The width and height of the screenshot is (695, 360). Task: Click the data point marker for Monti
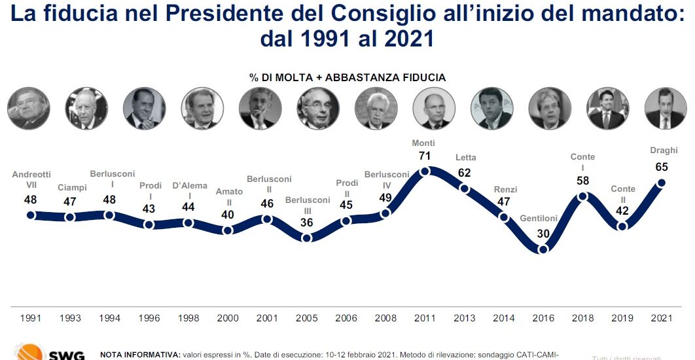pyautogui.click(x=425, y=171)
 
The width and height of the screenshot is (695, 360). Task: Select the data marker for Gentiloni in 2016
pyautogui.click(x=543, y=249)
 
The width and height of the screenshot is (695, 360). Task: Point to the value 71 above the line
pyautogui.click(x=425, y=156)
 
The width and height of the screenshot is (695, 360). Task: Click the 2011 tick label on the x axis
pyautogui.click(x=425, y=318)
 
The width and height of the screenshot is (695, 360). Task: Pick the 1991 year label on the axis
pyautogui.click(x=31, y=318)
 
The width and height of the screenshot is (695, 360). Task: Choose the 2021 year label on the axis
pyautogui.click(x=662, y=318)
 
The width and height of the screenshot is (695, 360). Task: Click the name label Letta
pyautogui.click(x=465, y=158)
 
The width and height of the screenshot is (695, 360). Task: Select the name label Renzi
pyautogui.click(x=505, y=190)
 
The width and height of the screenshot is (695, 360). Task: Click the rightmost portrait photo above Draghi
pyautogui.click(x=665, y=109)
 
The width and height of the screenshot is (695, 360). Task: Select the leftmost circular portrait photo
pyautogui.click(x=29, y=109)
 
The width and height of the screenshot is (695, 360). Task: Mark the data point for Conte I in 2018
pyautogui.click(x=583, y=196)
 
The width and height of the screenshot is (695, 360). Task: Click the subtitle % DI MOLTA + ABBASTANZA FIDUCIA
pyautogui.click(x=347, y=77)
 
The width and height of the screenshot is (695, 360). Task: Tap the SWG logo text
pyautogui.click(x=66, y=355)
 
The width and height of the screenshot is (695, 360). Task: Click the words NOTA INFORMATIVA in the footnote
pyautogui.click(x=139, y=354)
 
